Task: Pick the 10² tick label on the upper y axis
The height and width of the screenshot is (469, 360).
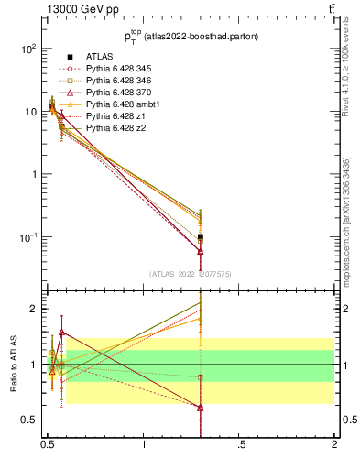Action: point(27,47)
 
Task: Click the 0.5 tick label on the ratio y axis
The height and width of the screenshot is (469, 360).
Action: point(29,420)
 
